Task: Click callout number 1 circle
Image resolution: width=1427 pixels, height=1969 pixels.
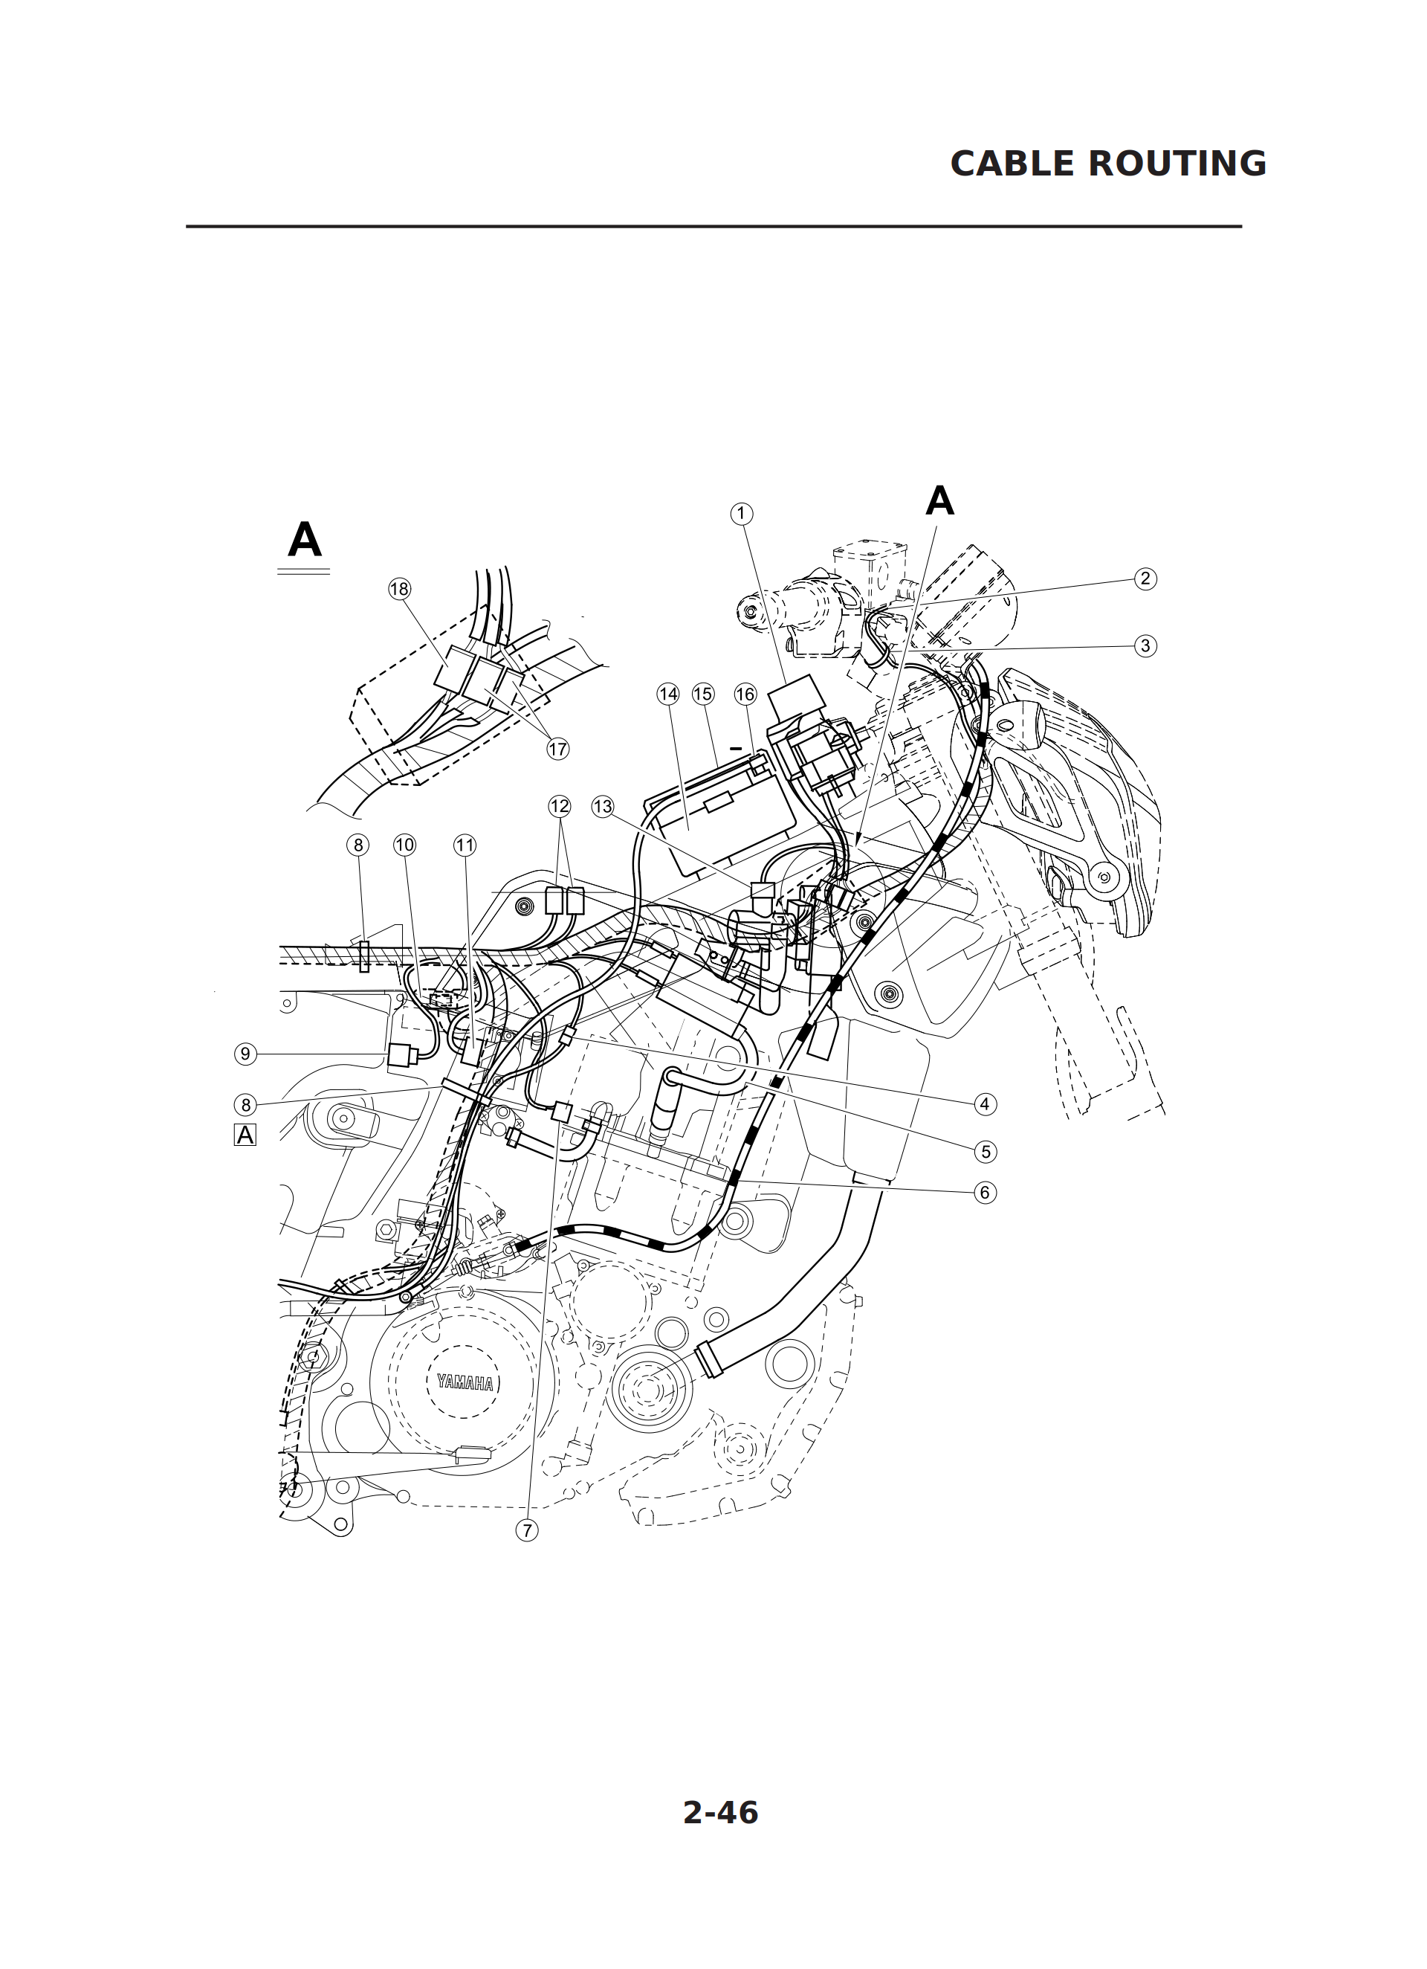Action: [x=740, y=514]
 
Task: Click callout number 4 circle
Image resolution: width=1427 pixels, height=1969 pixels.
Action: [x=984, y=1104]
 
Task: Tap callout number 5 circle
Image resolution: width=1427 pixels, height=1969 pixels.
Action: [x=984, y=1151]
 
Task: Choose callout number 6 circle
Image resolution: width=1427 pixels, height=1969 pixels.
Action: [x=984, y=1193]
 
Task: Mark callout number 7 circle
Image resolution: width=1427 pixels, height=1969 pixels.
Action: [x=527, y=1530]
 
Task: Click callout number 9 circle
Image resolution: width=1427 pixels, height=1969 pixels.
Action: [x=246, y=1054]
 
